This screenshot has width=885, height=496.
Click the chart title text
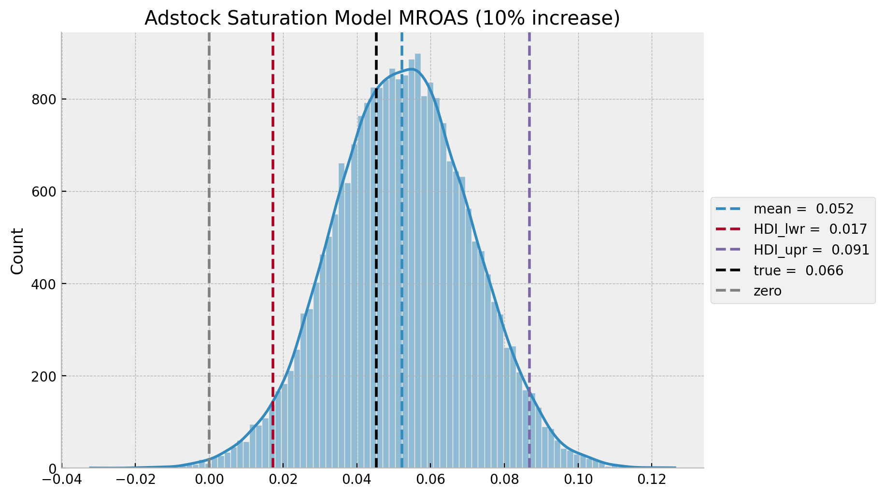point(382,18)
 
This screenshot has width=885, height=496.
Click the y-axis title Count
point(17,251)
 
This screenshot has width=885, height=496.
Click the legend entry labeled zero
point(767,291)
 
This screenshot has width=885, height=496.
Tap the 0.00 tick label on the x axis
point(209,481)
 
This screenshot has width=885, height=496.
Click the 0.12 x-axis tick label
point(652,481)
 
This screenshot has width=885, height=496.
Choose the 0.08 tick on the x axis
point(504,481)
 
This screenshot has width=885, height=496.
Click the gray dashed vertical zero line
point(209,241)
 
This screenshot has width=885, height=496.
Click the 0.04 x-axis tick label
point(357,481)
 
